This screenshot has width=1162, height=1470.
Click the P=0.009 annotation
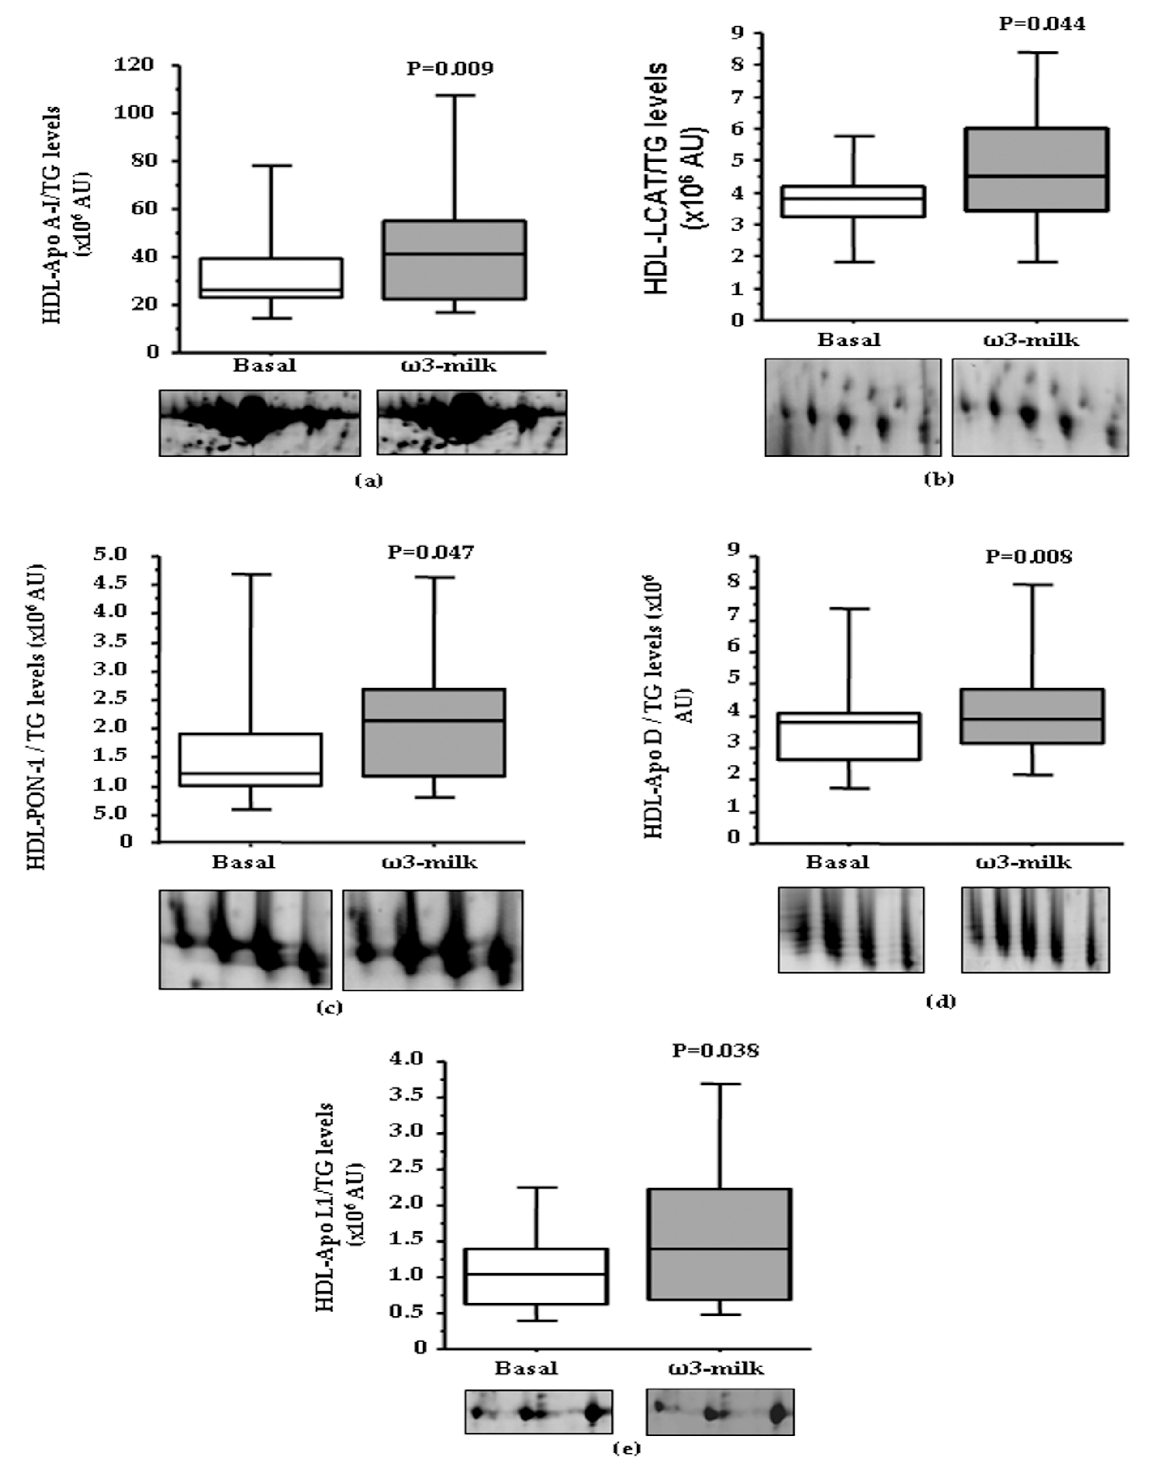[x=450, y=68]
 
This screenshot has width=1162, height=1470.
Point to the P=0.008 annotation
[x=1029, y=557]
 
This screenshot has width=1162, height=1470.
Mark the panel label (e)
[x=627, y=1448]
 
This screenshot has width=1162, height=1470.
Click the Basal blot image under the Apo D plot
[x=851, y=929]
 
